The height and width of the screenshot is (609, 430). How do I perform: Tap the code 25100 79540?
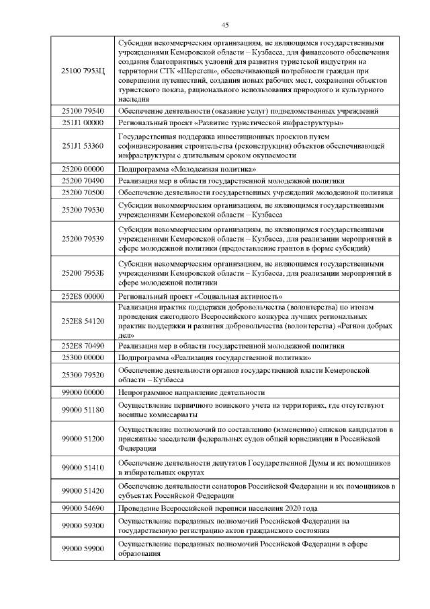[x=83, y=111]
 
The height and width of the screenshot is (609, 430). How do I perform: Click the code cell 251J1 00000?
[x=83, y=123]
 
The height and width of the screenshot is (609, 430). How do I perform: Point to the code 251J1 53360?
[x=83, y=145]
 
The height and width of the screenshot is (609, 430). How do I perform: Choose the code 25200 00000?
[x=83, y=168]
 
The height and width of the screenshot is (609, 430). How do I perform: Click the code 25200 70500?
[x=83, y=192]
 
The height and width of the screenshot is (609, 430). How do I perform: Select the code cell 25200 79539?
[x=83, y=238]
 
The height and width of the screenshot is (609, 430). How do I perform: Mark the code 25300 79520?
[x=83, y=375]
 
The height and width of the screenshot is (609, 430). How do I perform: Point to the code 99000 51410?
[x=83, y=468]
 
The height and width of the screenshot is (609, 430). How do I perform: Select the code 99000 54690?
[x=83, y=508]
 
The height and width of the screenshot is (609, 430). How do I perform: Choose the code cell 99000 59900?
[x=83, y=548]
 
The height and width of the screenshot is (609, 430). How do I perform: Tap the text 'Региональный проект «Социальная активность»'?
[x=200, y=297]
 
